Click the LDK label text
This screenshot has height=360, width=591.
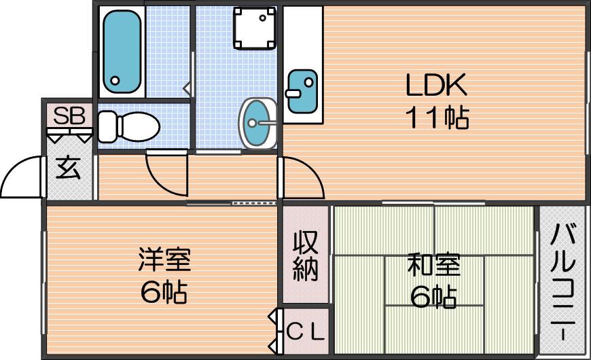436,84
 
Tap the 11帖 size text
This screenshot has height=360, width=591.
437,118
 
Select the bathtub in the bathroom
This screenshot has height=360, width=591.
122,51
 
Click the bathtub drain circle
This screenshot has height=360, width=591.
115,80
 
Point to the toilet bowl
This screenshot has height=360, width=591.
138,126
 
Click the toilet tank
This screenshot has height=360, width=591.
107,126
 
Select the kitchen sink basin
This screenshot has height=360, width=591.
302,91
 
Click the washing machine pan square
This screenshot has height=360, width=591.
254,29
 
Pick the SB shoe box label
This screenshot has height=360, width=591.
69,115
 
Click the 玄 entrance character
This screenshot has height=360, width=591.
68,167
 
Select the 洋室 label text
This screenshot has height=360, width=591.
164,259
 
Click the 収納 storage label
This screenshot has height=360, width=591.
306,255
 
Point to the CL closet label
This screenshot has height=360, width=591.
305,331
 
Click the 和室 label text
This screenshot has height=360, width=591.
434,265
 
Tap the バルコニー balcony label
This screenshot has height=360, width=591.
562,282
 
